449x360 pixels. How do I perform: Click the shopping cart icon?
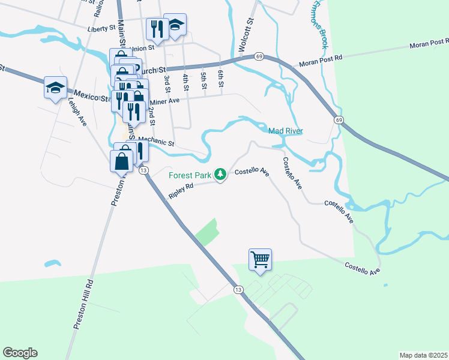click(260, 260)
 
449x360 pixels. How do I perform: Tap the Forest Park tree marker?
click(221, 174)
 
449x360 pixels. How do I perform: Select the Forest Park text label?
click(190, 175)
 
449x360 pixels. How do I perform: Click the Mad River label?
click(285, 131)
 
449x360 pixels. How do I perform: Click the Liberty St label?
click(101, 28)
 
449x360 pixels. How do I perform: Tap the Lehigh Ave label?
click(82, 113)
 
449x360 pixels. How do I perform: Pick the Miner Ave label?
click(165, 101)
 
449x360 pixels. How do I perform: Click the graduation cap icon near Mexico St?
click(55, 88)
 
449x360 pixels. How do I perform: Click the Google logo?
click(20, 353)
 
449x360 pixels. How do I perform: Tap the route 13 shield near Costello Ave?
click(238, 290)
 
